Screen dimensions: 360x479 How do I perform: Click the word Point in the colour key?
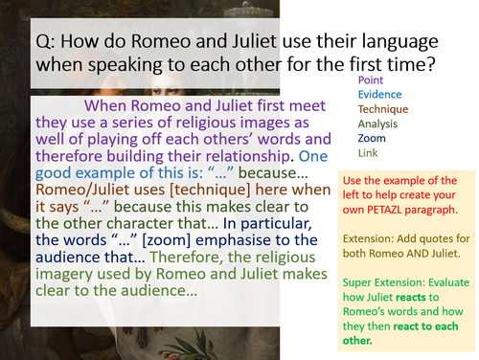372,81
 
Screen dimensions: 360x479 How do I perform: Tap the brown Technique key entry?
384,110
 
